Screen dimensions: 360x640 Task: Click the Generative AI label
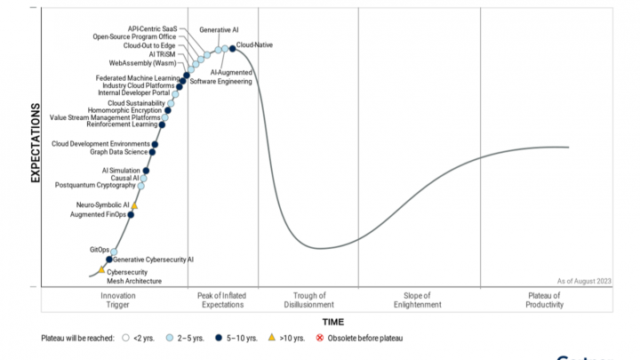point(219,29)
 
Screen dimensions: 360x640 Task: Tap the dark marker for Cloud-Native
point(233,48)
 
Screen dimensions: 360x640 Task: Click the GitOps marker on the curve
point(114,252)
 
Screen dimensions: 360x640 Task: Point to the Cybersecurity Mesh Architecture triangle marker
point(101,269)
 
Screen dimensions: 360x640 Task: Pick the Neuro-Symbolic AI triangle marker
point(134,205)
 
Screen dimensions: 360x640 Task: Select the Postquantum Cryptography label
point(95,186)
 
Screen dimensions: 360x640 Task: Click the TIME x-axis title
point(332,322)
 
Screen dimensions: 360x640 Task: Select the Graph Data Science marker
point(153,152)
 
